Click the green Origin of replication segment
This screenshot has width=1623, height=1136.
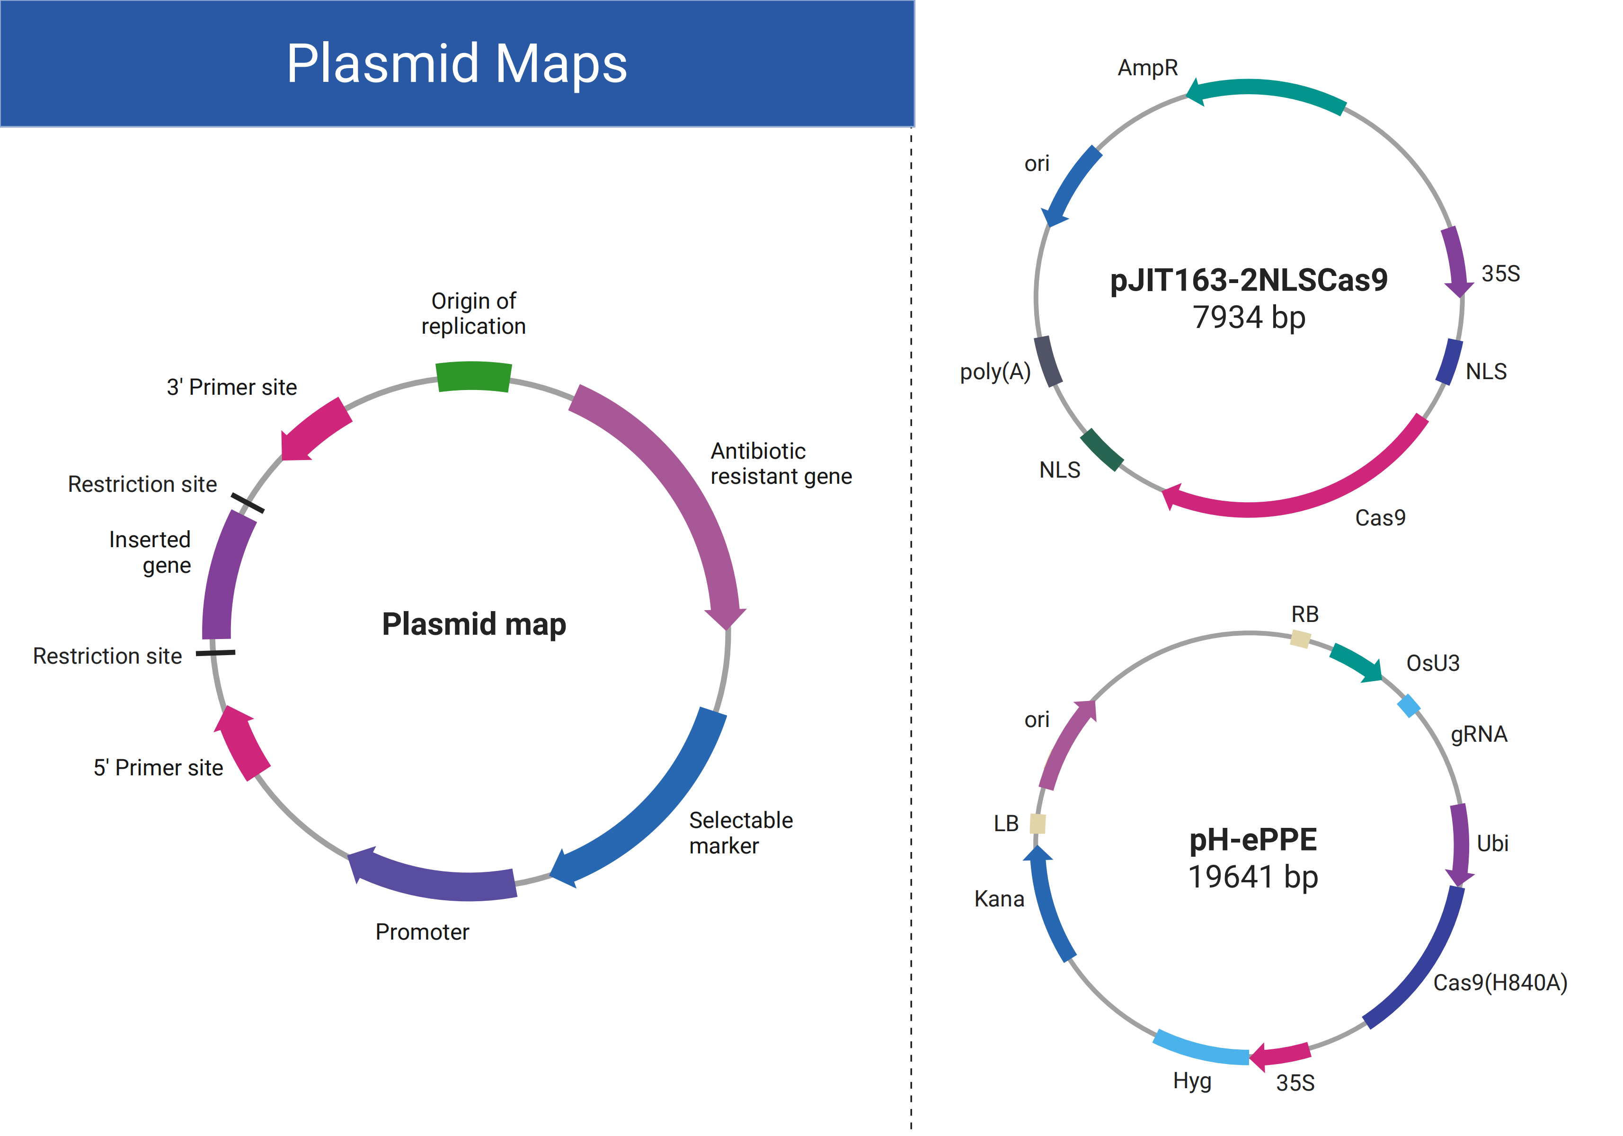474,376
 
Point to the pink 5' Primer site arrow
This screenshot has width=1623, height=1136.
241,742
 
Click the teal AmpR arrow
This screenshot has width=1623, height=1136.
1265,92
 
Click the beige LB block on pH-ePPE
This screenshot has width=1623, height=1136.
1037,824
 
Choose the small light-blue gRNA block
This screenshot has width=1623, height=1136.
1409,705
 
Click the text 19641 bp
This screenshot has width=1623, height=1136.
1252,877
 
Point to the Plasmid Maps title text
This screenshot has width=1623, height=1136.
457,63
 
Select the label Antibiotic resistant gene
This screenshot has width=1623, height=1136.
781,464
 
